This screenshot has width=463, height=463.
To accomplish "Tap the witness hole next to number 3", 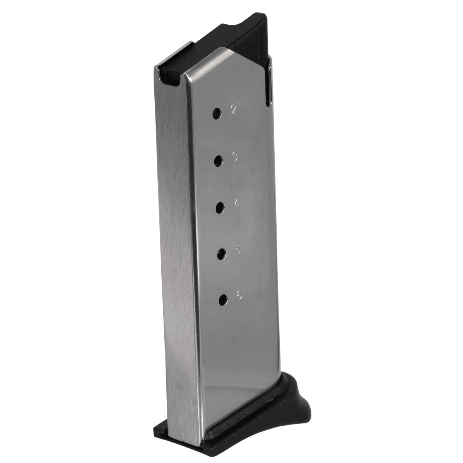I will point(218,160).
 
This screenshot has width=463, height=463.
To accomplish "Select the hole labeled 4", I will point(220,207).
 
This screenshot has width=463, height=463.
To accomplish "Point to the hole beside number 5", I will point(221,253).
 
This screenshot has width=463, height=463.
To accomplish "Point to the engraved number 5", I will point(238,250).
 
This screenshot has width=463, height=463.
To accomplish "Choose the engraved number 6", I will point(239,296).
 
